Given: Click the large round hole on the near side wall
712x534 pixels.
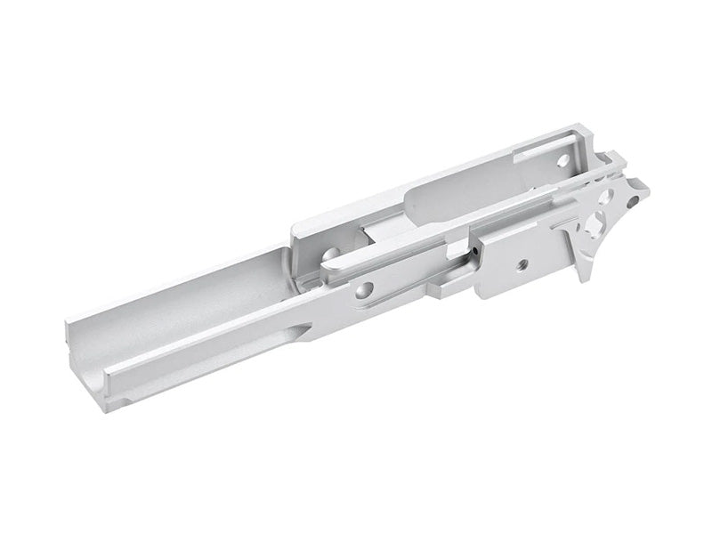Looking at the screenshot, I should [364, 289].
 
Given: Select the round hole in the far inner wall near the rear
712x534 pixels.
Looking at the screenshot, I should [562, 161].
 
